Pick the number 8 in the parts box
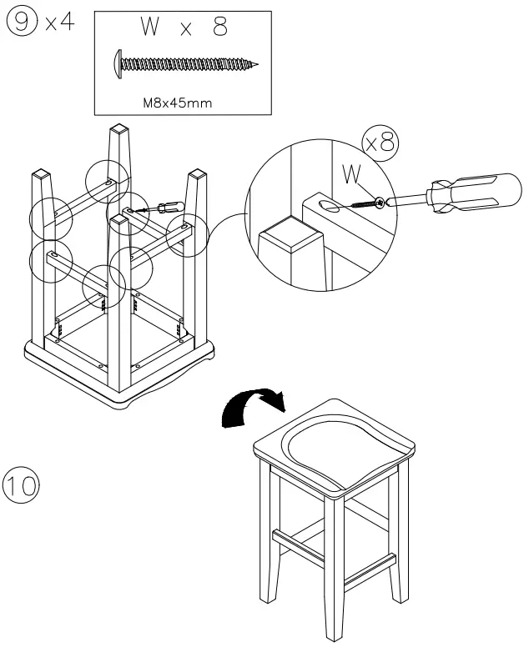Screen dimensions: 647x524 pyautogui.click(x=220, y=28)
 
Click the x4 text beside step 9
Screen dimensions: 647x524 pyautogui.click(x=59, y=22)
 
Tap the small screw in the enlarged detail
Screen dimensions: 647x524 pyautogui.click(x=366, y=202)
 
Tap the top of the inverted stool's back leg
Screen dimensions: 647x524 pyautogui.click(x=118, y=131)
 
